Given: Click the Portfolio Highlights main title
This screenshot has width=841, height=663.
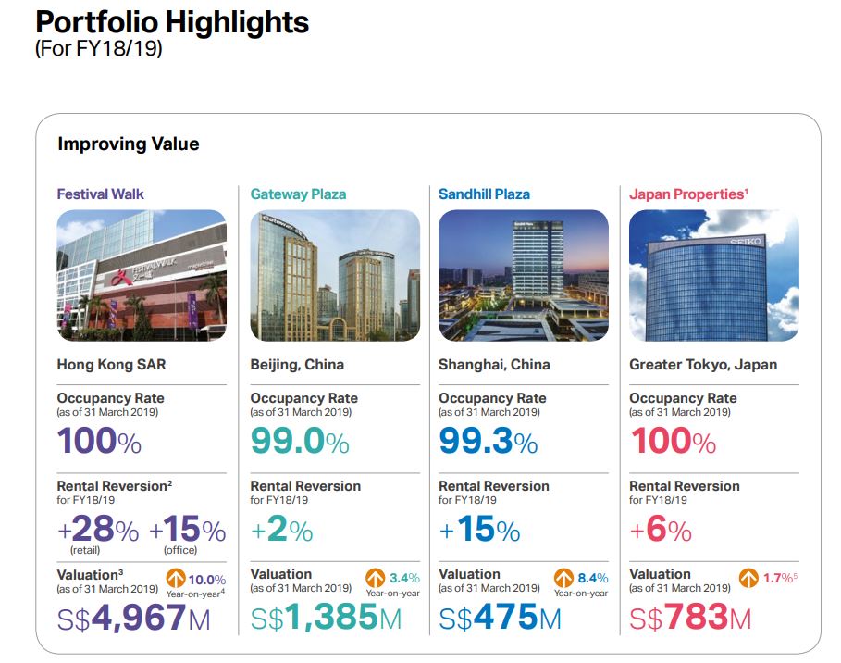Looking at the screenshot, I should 172,22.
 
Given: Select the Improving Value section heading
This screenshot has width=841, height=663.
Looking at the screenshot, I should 128,144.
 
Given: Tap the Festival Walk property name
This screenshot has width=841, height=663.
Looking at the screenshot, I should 100,194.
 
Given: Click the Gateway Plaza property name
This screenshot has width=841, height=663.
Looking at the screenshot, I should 298,194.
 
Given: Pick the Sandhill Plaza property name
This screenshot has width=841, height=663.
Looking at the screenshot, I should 484,194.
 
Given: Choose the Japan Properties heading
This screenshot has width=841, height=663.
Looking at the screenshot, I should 688,194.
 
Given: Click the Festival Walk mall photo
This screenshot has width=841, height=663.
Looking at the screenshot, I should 142,275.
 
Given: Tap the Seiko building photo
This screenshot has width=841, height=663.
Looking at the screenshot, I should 713,275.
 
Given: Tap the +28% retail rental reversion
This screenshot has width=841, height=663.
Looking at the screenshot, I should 98,531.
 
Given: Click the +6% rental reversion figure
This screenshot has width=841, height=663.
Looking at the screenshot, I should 661,531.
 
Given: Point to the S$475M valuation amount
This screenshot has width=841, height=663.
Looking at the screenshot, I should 500,618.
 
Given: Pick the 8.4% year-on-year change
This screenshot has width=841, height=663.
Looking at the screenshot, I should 593,579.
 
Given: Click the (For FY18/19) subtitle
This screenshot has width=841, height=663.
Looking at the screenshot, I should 99,48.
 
